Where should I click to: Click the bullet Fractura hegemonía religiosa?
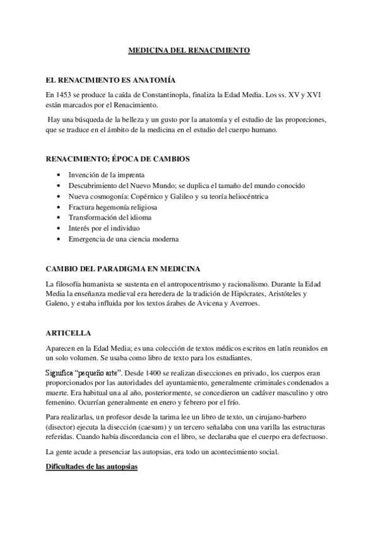(x=114, y=207)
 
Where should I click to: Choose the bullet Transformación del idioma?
(x=110, y=218)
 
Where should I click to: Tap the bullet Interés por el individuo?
(x=105, y=228)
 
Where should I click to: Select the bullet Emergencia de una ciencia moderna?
(x=124, y=239)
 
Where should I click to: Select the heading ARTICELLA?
(x=69, y=332)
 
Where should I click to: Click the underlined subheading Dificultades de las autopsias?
(x=92, y=467)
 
